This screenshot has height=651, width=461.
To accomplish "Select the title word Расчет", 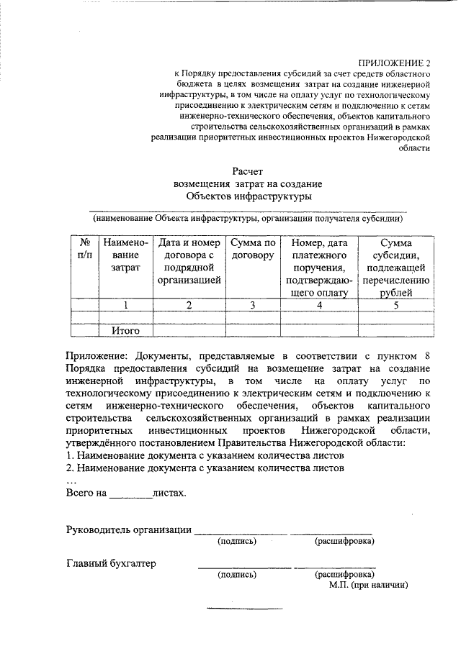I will click(249, 170).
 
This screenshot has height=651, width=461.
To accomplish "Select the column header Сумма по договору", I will click(253, 248).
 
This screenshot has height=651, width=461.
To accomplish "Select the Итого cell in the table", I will click(125, 331).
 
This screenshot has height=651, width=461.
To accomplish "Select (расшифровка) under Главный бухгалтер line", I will click(344, 575).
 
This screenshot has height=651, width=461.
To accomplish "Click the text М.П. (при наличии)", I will click(369, 586).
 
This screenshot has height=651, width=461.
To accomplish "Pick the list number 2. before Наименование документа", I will click(71, 468).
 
